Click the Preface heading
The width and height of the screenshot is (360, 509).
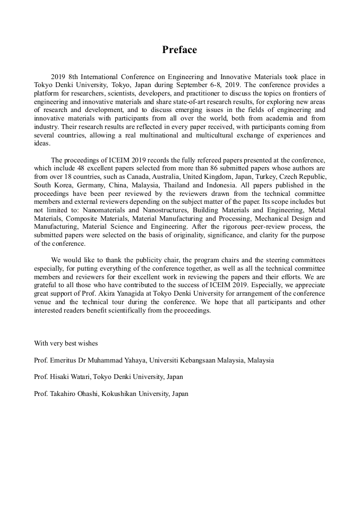(179, 50)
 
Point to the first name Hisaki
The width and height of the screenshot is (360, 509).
(62, 377)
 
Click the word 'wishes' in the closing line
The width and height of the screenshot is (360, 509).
(87, 343)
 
